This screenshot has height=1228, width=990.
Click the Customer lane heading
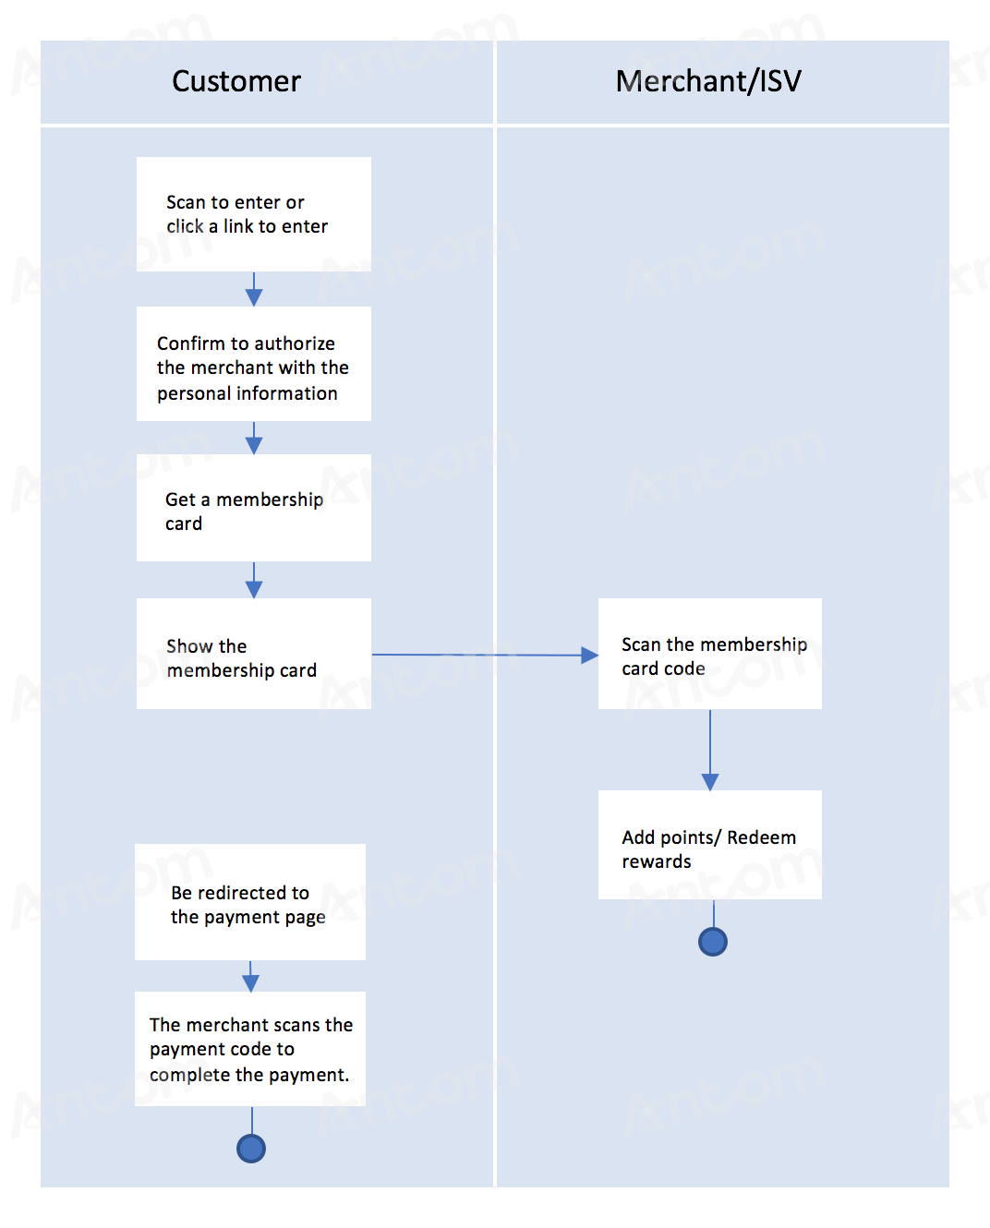point(236,81)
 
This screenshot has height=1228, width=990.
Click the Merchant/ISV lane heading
point(708,81)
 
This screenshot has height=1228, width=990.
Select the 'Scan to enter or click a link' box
point(253,214)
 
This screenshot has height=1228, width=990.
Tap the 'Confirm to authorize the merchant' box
point(253,364)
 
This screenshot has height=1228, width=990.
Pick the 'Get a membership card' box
point(253,508)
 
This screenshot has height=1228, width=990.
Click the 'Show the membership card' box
point(253,654)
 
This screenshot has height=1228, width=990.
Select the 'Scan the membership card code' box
point(709,654)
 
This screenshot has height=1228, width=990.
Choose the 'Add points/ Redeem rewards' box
point(709,845)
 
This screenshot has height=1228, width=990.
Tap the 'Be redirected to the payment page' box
point(250,902)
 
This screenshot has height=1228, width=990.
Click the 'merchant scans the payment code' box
point(250,1049)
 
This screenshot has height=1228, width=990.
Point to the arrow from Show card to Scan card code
point(485,655)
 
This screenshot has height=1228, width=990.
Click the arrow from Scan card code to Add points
point(710,750)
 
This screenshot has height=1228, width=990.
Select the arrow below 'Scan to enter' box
point(254,289)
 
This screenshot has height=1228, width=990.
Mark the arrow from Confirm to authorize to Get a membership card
point(254,438)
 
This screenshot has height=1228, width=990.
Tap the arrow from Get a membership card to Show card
point(254,580)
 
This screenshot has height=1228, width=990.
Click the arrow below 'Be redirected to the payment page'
point(250,976)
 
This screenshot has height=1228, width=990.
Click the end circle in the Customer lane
point(251,1149)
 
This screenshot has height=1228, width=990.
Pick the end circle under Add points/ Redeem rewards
point(713,942)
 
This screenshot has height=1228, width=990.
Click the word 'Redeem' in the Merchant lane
point(761,837)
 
